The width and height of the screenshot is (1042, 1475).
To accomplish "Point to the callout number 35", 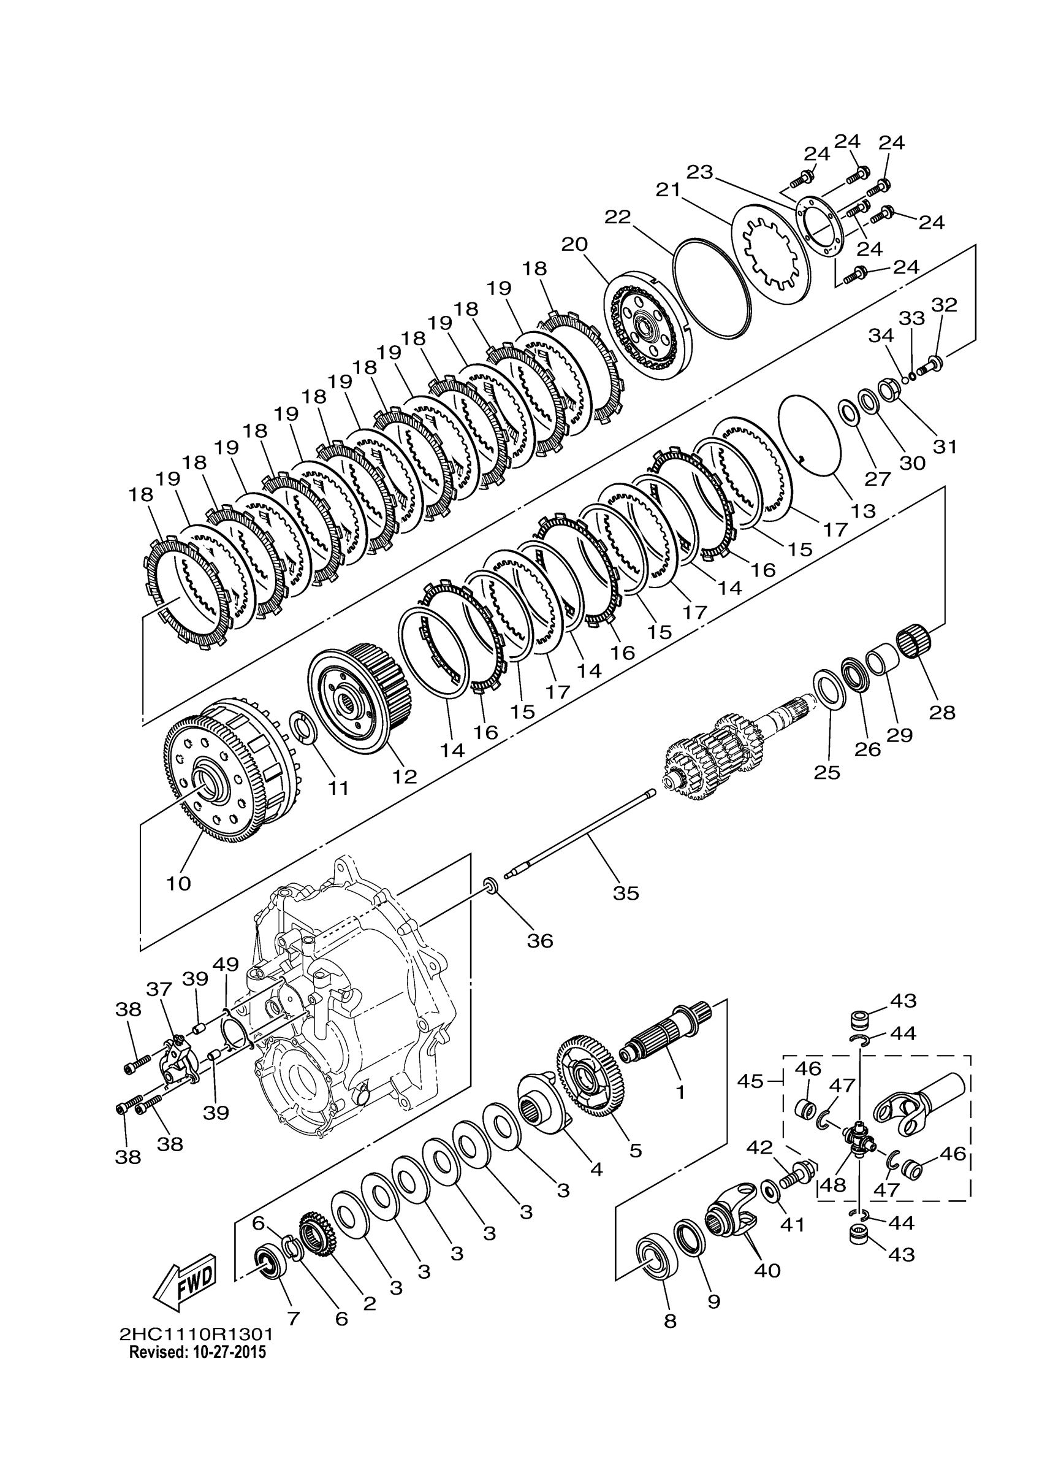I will [x=626, y=892].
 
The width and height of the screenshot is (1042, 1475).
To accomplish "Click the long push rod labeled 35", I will [x=578, y=835].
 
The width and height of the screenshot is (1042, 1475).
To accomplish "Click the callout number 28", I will [x=943, y=712].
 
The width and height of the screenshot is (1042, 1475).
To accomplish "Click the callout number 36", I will [x=540, y=941].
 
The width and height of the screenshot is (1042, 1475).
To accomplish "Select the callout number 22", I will [x=618, y=216].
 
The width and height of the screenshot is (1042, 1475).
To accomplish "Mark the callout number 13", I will [x=864, y=511].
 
